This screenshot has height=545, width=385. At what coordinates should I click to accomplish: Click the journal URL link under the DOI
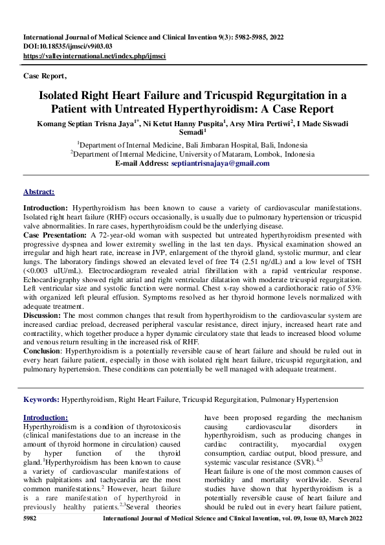[94, 56]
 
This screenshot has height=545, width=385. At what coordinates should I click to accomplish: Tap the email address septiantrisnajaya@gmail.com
[219, 164]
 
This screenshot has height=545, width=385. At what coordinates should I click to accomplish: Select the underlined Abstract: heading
[39, 192]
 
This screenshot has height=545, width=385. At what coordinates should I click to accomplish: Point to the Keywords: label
[41, 400]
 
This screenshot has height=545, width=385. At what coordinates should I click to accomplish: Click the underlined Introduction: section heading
[45, 418]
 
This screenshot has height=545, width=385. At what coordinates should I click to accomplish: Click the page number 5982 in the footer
[30, 520]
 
